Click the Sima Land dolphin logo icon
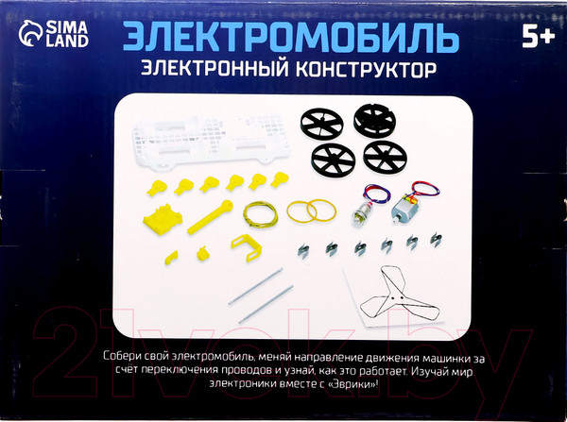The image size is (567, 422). (30, 33)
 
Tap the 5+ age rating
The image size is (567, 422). (538, 37)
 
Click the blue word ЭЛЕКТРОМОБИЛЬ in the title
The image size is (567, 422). (291, 37)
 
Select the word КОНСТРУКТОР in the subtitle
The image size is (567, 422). (367, 69)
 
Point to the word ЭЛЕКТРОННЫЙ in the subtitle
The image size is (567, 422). (215, 68)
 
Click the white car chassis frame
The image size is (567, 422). (211, 142)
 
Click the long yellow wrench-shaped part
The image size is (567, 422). (210, 217)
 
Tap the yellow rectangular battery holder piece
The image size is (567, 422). (163, 219)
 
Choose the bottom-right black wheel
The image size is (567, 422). (386, 158)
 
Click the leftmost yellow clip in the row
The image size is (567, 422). (157, 188)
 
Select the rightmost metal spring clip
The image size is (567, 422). (436, 239)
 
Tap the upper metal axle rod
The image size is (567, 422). (255, 286)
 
